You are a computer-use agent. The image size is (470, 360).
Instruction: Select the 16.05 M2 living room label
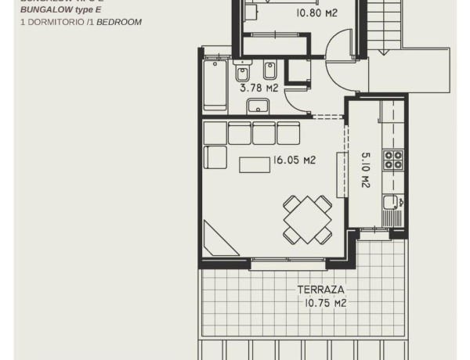pyautogui.click(x=294, y=160)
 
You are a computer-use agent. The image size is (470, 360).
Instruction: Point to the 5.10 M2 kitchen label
pyautogui.click(x=365, y=170)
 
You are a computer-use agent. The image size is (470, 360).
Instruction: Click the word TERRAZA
pyautogui.click(x=320, y=290)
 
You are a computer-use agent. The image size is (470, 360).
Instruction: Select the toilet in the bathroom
pyautogui.click(x=242, y=74)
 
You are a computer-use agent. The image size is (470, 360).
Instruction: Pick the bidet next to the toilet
pyautogui.click(x=270, y=73)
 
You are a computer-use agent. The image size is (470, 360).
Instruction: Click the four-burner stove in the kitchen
pyautogui.click(x=392, y=160)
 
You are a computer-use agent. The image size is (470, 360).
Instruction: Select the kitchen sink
pyautogui.click(x=391, y=206)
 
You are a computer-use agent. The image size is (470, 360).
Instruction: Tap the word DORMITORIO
pyautogui.click(x=52, y=23)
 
